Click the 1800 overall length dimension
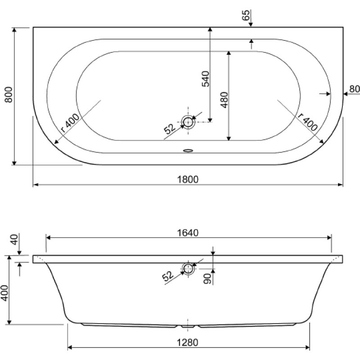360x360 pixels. pos(188,179)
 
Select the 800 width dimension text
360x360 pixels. pos(9,94)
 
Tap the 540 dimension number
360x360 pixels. pos(206,79)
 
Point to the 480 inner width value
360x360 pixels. pos(224,100)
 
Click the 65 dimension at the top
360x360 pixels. pos(246,15)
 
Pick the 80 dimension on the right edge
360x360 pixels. pos(354,89)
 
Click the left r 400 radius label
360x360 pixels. pos(70,122)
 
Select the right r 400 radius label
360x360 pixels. pos(308,122)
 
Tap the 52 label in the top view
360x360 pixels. pos(170,129)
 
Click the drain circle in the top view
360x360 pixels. pos(188,122)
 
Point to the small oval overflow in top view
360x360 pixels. pos(188,151)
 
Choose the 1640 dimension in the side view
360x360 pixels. pos(188,233)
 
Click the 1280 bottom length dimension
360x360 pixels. pos(188,342)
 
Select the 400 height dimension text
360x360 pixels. pos(4,293)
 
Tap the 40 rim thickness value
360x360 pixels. pos(14,240)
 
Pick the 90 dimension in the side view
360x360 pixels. pos(207,279)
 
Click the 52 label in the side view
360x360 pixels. pos(168,276)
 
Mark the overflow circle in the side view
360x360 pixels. pos(188,268)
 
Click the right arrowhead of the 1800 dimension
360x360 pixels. pos(340,184)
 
